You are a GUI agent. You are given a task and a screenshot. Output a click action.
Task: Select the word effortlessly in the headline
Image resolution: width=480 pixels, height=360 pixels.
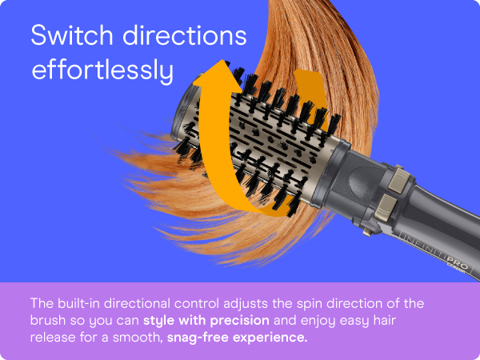pyautogui.click(x=102, y=71)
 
